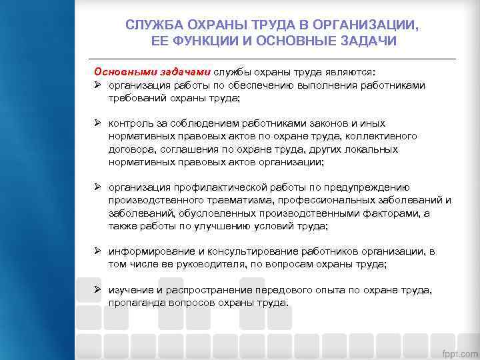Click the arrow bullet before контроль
97,123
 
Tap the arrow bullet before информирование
97,251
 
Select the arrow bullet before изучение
97,290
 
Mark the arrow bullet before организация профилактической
97,187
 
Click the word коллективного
386,136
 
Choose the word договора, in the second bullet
133,149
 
